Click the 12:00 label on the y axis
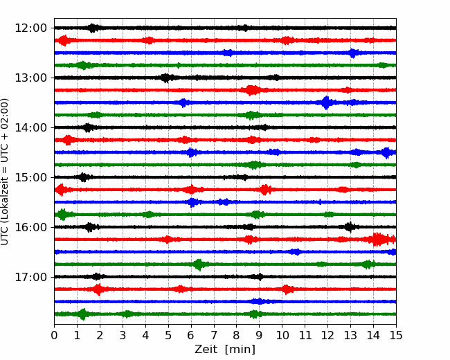pos(30,28)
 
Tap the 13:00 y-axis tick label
pos(30,78)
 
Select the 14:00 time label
pos(30,127)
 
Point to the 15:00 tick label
pos(30,177)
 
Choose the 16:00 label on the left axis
pos(30,227)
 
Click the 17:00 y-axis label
pos(30,277)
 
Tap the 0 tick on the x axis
pos(54,335)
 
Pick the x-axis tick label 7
pos(214,335)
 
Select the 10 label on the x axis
pos(282,335)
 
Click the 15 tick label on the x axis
pos(396,335)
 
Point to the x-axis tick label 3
pos(123,335)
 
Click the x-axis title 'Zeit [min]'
pos(225,350)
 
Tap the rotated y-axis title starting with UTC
pos(5,172)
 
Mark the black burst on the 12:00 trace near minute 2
pos(92,28)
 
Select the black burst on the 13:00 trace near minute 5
pos(166,78)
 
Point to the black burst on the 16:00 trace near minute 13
pos(349,227)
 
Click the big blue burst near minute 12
pos(326,102)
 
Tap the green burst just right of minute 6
pos(199,264)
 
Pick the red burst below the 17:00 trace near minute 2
pos(98,289)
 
